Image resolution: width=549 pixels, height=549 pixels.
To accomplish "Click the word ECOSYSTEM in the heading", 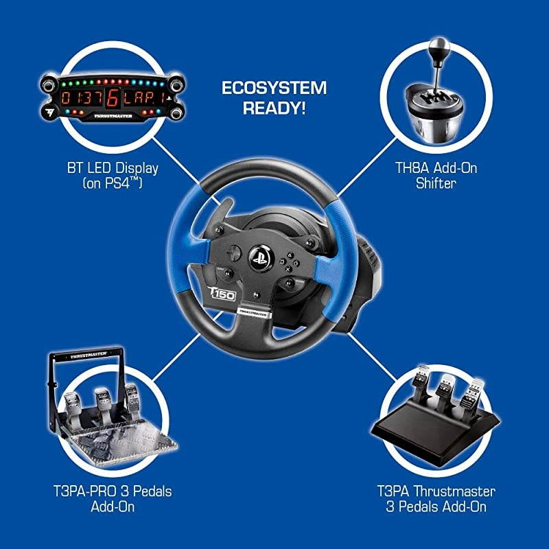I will click(x=274, y=89).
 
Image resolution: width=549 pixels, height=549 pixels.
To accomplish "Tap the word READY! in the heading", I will click(x=274, y=108).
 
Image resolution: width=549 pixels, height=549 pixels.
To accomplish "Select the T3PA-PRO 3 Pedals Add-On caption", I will click(x=113, y=499).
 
